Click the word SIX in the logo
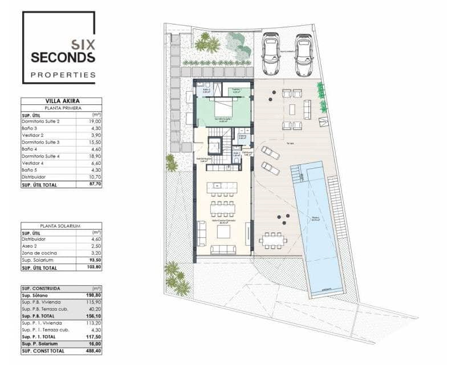pos(82,43)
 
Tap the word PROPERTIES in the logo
pos(63,75)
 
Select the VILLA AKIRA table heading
pos(61,101)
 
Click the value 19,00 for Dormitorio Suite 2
pos(95,121)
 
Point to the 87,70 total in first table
pos(95,185)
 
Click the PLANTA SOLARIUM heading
pos(61,226)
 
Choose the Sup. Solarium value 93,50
pos(95,260)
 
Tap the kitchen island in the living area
pos(223,187)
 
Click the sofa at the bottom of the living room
pos(223,249)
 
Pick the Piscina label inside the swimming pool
pos(315,218)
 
